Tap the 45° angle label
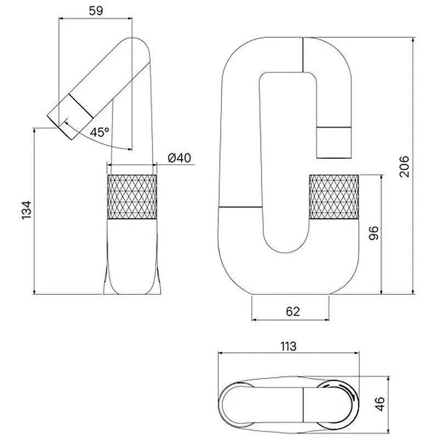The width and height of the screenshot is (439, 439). (x=100, y=132)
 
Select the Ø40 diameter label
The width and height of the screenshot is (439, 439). (x=179, y=158)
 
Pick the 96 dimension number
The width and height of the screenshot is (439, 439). (x=374, y=234)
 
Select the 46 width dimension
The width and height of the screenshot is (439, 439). (x=380, y=404)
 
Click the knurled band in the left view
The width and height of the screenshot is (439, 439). (x=132, y=196)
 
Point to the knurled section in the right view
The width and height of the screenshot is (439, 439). (x=334, y=196)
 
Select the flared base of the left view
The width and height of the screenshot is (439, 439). (x=132, y=285)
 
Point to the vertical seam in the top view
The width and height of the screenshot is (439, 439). (x=303, y=404)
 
